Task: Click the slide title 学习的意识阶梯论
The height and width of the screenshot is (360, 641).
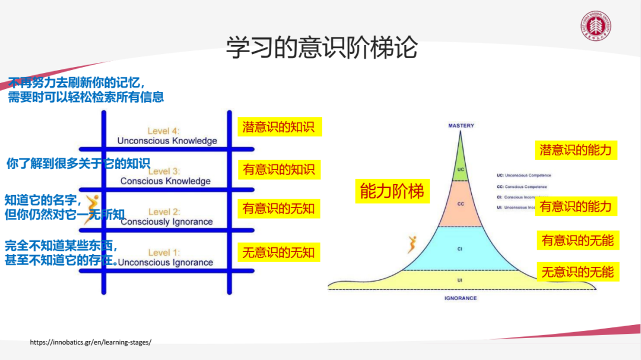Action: coord(321,47)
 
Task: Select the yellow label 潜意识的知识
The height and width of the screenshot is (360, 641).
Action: coord(280,127)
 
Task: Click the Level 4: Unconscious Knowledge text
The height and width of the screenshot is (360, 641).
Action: coord(167,136)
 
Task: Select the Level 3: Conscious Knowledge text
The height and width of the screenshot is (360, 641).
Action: coord(165,176)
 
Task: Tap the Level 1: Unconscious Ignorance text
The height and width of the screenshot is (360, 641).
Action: coord(165,257)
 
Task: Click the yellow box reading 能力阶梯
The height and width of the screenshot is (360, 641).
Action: coord(392,191)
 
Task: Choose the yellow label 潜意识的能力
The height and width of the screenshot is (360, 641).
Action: coord(575,149)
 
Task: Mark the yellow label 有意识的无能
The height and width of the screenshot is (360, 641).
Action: coord(577,240)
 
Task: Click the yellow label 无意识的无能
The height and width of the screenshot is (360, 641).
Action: coord(577,272)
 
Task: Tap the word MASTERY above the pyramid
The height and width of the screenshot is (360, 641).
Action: coord(461,126)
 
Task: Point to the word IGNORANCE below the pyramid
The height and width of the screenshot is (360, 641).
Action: coord(461,298)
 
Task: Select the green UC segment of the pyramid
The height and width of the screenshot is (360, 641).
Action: coord(461,166)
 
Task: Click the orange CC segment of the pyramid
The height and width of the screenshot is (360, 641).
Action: coord(461,203)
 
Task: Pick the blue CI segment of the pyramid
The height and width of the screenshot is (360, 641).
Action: coord(461,248)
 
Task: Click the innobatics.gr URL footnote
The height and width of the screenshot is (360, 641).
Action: coord(90,342)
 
